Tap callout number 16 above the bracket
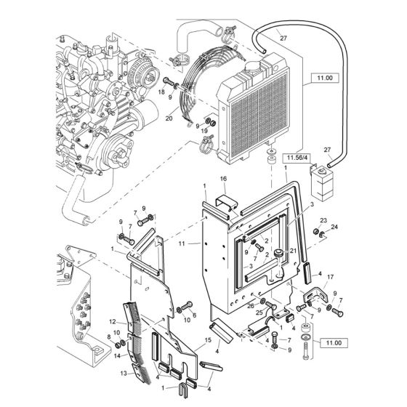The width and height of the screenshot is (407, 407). pyautogui.click(x=223, y=179)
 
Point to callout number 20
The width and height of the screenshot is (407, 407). pyautogui.click(x=169, y=118)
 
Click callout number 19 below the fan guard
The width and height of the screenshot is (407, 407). pyautogui.click(x=204, y=131)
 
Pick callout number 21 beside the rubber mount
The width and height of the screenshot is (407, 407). pyautogui.click(x=292, y=250)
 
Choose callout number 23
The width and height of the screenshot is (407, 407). pyautogui.click(x=323, y=221)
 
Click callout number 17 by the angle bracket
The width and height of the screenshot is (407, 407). pyautogui.click(x=310, y=277)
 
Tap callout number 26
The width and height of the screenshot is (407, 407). pyautogui.click(x=251, y=305)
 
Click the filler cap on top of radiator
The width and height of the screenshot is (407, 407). pyautogui.click(x=257, y=65)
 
